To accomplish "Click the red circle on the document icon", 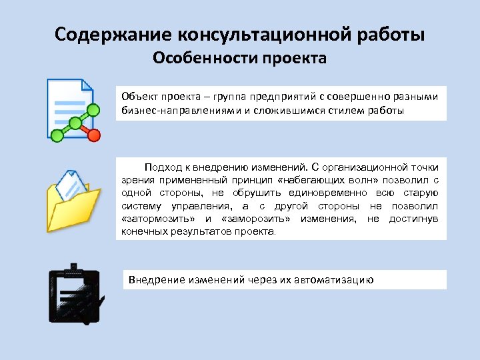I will coord(94,135).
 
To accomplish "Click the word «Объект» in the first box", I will coord(137,96).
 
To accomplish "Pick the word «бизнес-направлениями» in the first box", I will coord(175,109).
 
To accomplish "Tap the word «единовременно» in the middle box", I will coord(319,192).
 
